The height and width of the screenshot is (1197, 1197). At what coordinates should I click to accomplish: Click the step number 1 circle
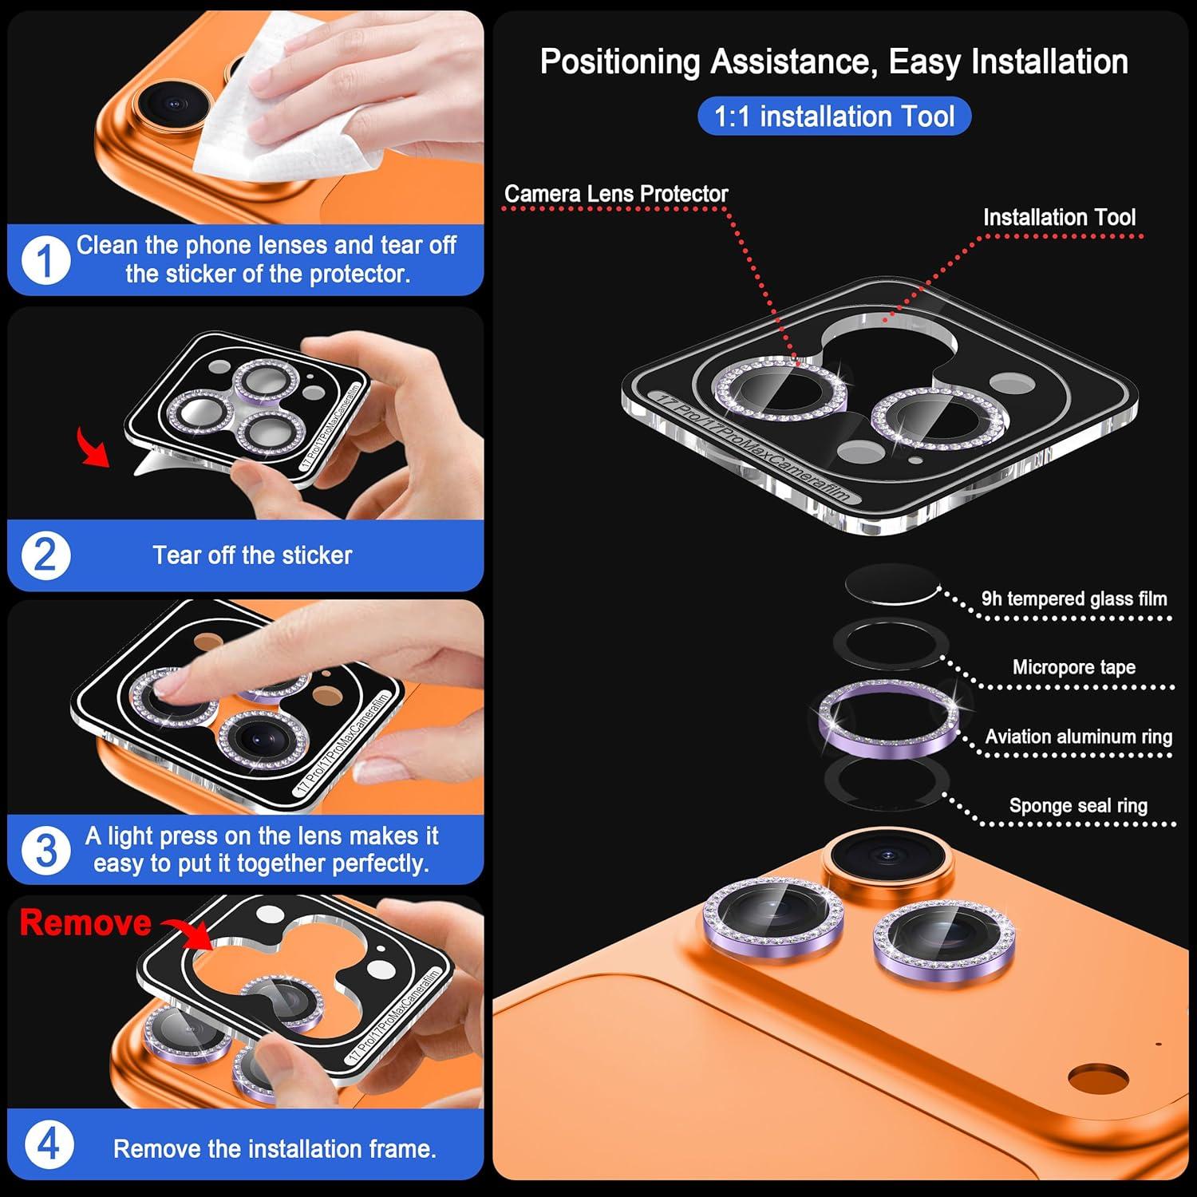point(45,260)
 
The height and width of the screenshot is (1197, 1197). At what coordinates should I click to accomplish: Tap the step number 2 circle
point(45,555)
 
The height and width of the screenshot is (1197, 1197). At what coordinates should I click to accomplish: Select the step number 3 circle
point(45,850)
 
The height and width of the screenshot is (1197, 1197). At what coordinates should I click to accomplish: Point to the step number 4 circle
point(48,1145)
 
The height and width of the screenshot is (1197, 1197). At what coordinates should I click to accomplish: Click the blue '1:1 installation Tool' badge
point(834,117)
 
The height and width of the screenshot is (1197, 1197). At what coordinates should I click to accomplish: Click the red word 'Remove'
point(85,922)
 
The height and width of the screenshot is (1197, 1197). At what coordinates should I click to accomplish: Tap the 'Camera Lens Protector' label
point(616,194)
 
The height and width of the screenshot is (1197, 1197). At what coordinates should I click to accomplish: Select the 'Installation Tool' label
point(1059,217)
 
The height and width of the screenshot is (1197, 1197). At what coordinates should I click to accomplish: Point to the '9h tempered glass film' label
point(1073,598)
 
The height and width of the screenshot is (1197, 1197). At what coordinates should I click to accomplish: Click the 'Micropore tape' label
point(1073,667)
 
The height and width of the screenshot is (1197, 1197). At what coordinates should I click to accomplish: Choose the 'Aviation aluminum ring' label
point(1078,737)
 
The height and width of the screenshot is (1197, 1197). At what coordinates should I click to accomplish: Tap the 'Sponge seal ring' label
point(1078,806)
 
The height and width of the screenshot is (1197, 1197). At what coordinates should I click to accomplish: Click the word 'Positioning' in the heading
point(620,62)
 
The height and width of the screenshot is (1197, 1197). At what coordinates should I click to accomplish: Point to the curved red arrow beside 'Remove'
point(188,930)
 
